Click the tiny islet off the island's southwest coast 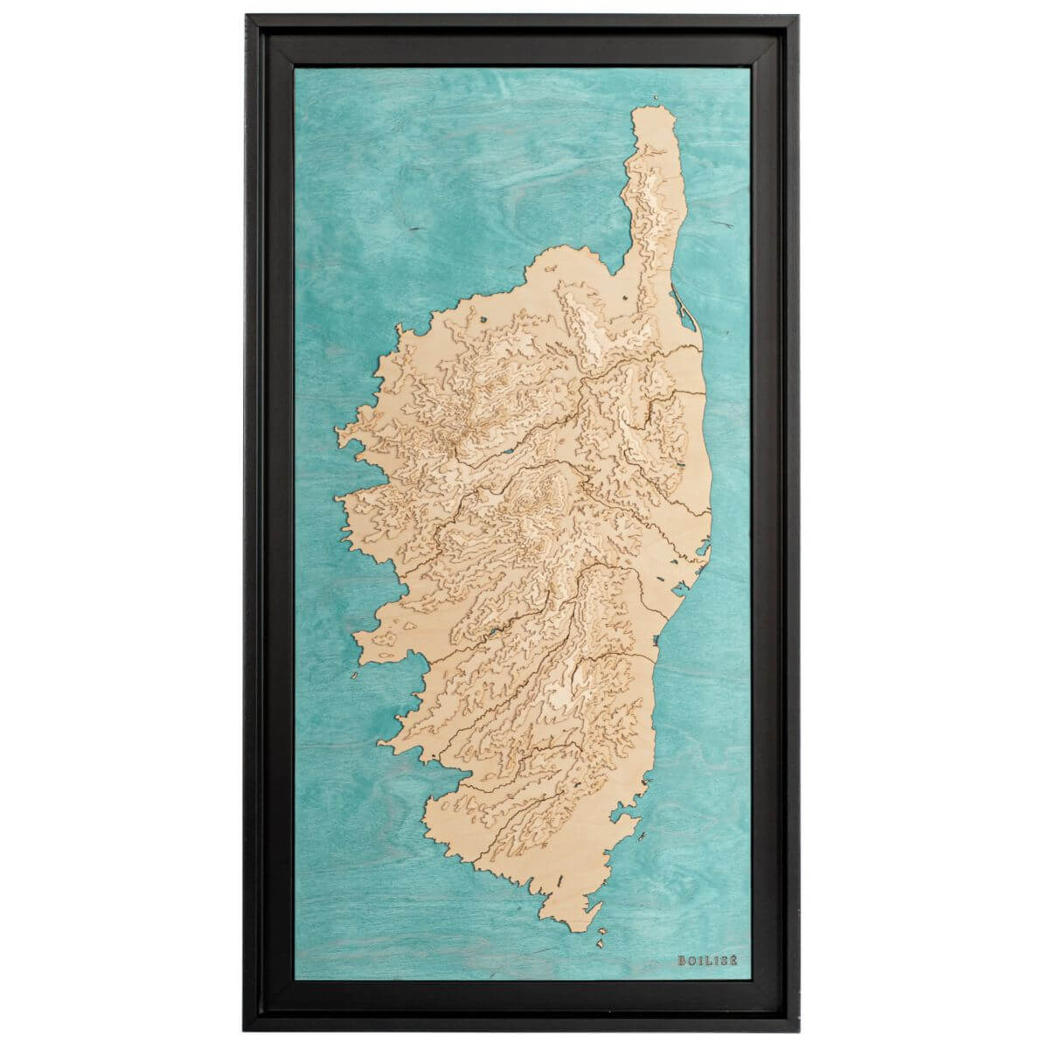tap(355, 676)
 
